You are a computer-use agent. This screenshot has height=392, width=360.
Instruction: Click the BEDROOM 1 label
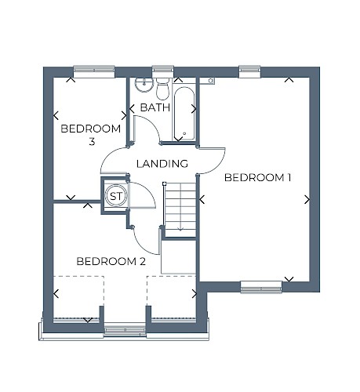click(257, 178)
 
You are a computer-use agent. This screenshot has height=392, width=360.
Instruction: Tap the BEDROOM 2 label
click(111, 261)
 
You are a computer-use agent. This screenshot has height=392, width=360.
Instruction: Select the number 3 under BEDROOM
click(92, 142)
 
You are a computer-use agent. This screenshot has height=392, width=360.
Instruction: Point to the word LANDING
click(162, 164)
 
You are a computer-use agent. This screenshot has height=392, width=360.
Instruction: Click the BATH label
click(155, 107)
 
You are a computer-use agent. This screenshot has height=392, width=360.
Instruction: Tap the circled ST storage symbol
click(116, 196)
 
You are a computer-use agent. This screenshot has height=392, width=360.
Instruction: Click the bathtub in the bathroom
click(184, 114)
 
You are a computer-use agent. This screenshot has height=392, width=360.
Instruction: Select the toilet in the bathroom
click(162, 89)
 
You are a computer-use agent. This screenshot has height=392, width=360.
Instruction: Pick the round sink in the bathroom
click(144, 84)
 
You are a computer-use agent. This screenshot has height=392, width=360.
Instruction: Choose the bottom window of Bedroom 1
click(261, 287)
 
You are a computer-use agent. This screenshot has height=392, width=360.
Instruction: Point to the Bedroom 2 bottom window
click(125, 330)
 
